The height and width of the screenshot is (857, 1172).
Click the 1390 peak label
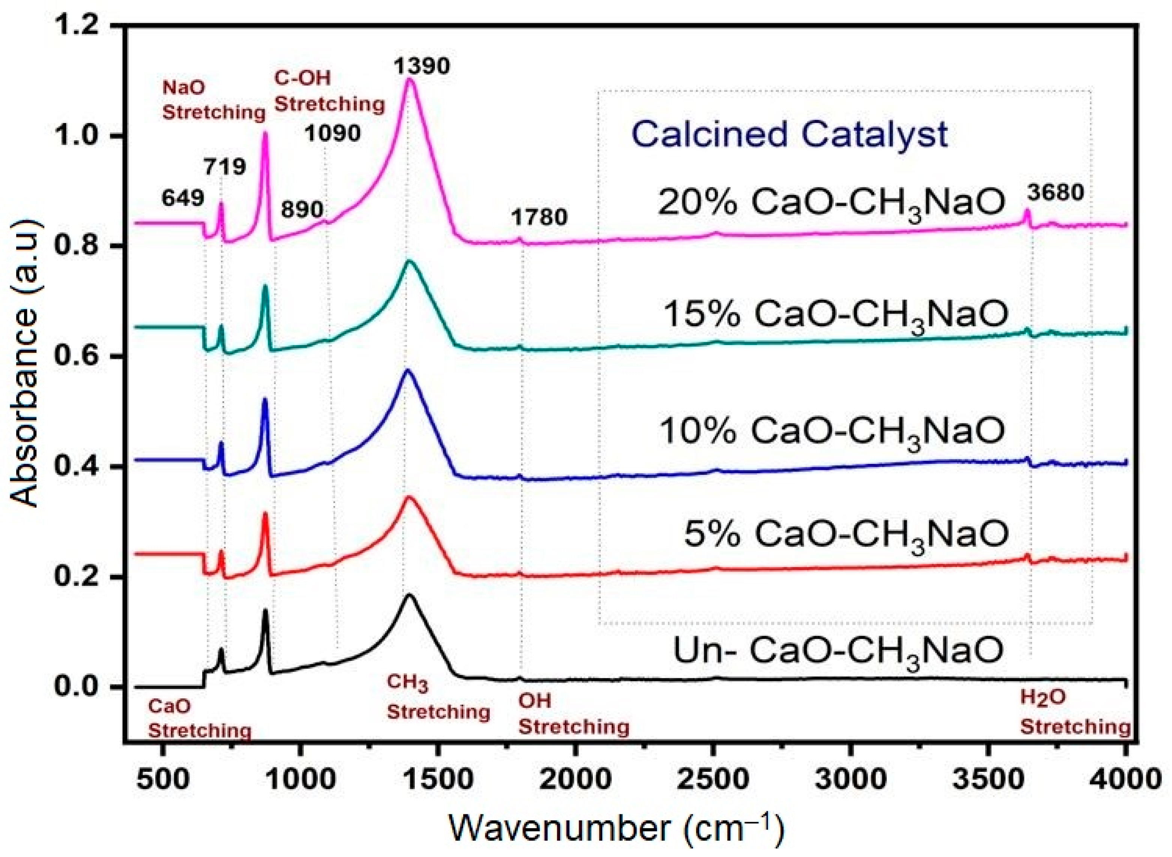tap(421, 66)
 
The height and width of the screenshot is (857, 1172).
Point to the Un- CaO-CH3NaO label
tap(838, 650)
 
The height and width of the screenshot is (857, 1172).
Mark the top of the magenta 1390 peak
tap(410, 79)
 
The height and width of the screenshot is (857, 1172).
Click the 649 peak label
tap(183, 198)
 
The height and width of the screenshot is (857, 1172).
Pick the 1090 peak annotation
tap(333, 133)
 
